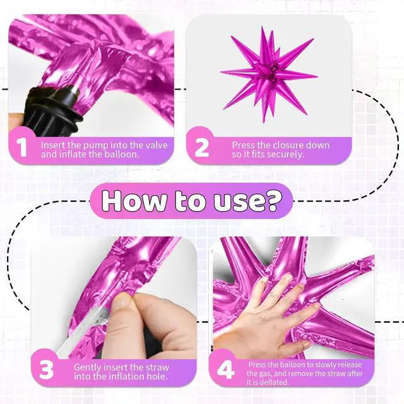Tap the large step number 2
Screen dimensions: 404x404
[202, 147]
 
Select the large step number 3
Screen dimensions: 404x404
[47, 370]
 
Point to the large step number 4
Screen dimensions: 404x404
[226, 370]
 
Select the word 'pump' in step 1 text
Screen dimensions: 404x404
[95, 146]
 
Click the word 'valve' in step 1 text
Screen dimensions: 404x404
[155, 145]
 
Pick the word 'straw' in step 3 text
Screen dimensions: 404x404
[155, 367]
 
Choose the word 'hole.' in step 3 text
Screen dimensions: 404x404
[157, 377]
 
